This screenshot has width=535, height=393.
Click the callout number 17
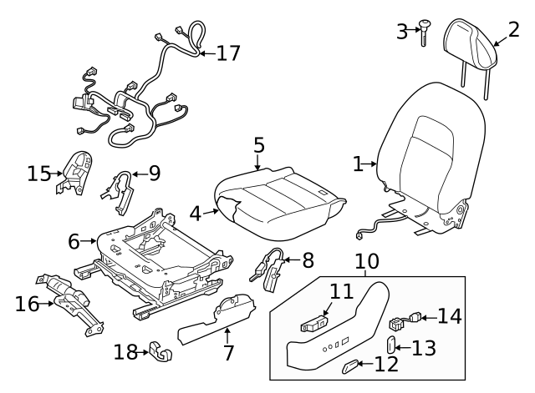(228, 53)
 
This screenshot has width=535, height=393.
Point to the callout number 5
(259, 145)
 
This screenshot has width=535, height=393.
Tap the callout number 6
(74, 242)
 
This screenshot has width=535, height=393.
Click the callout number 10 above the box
(366, 262)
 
